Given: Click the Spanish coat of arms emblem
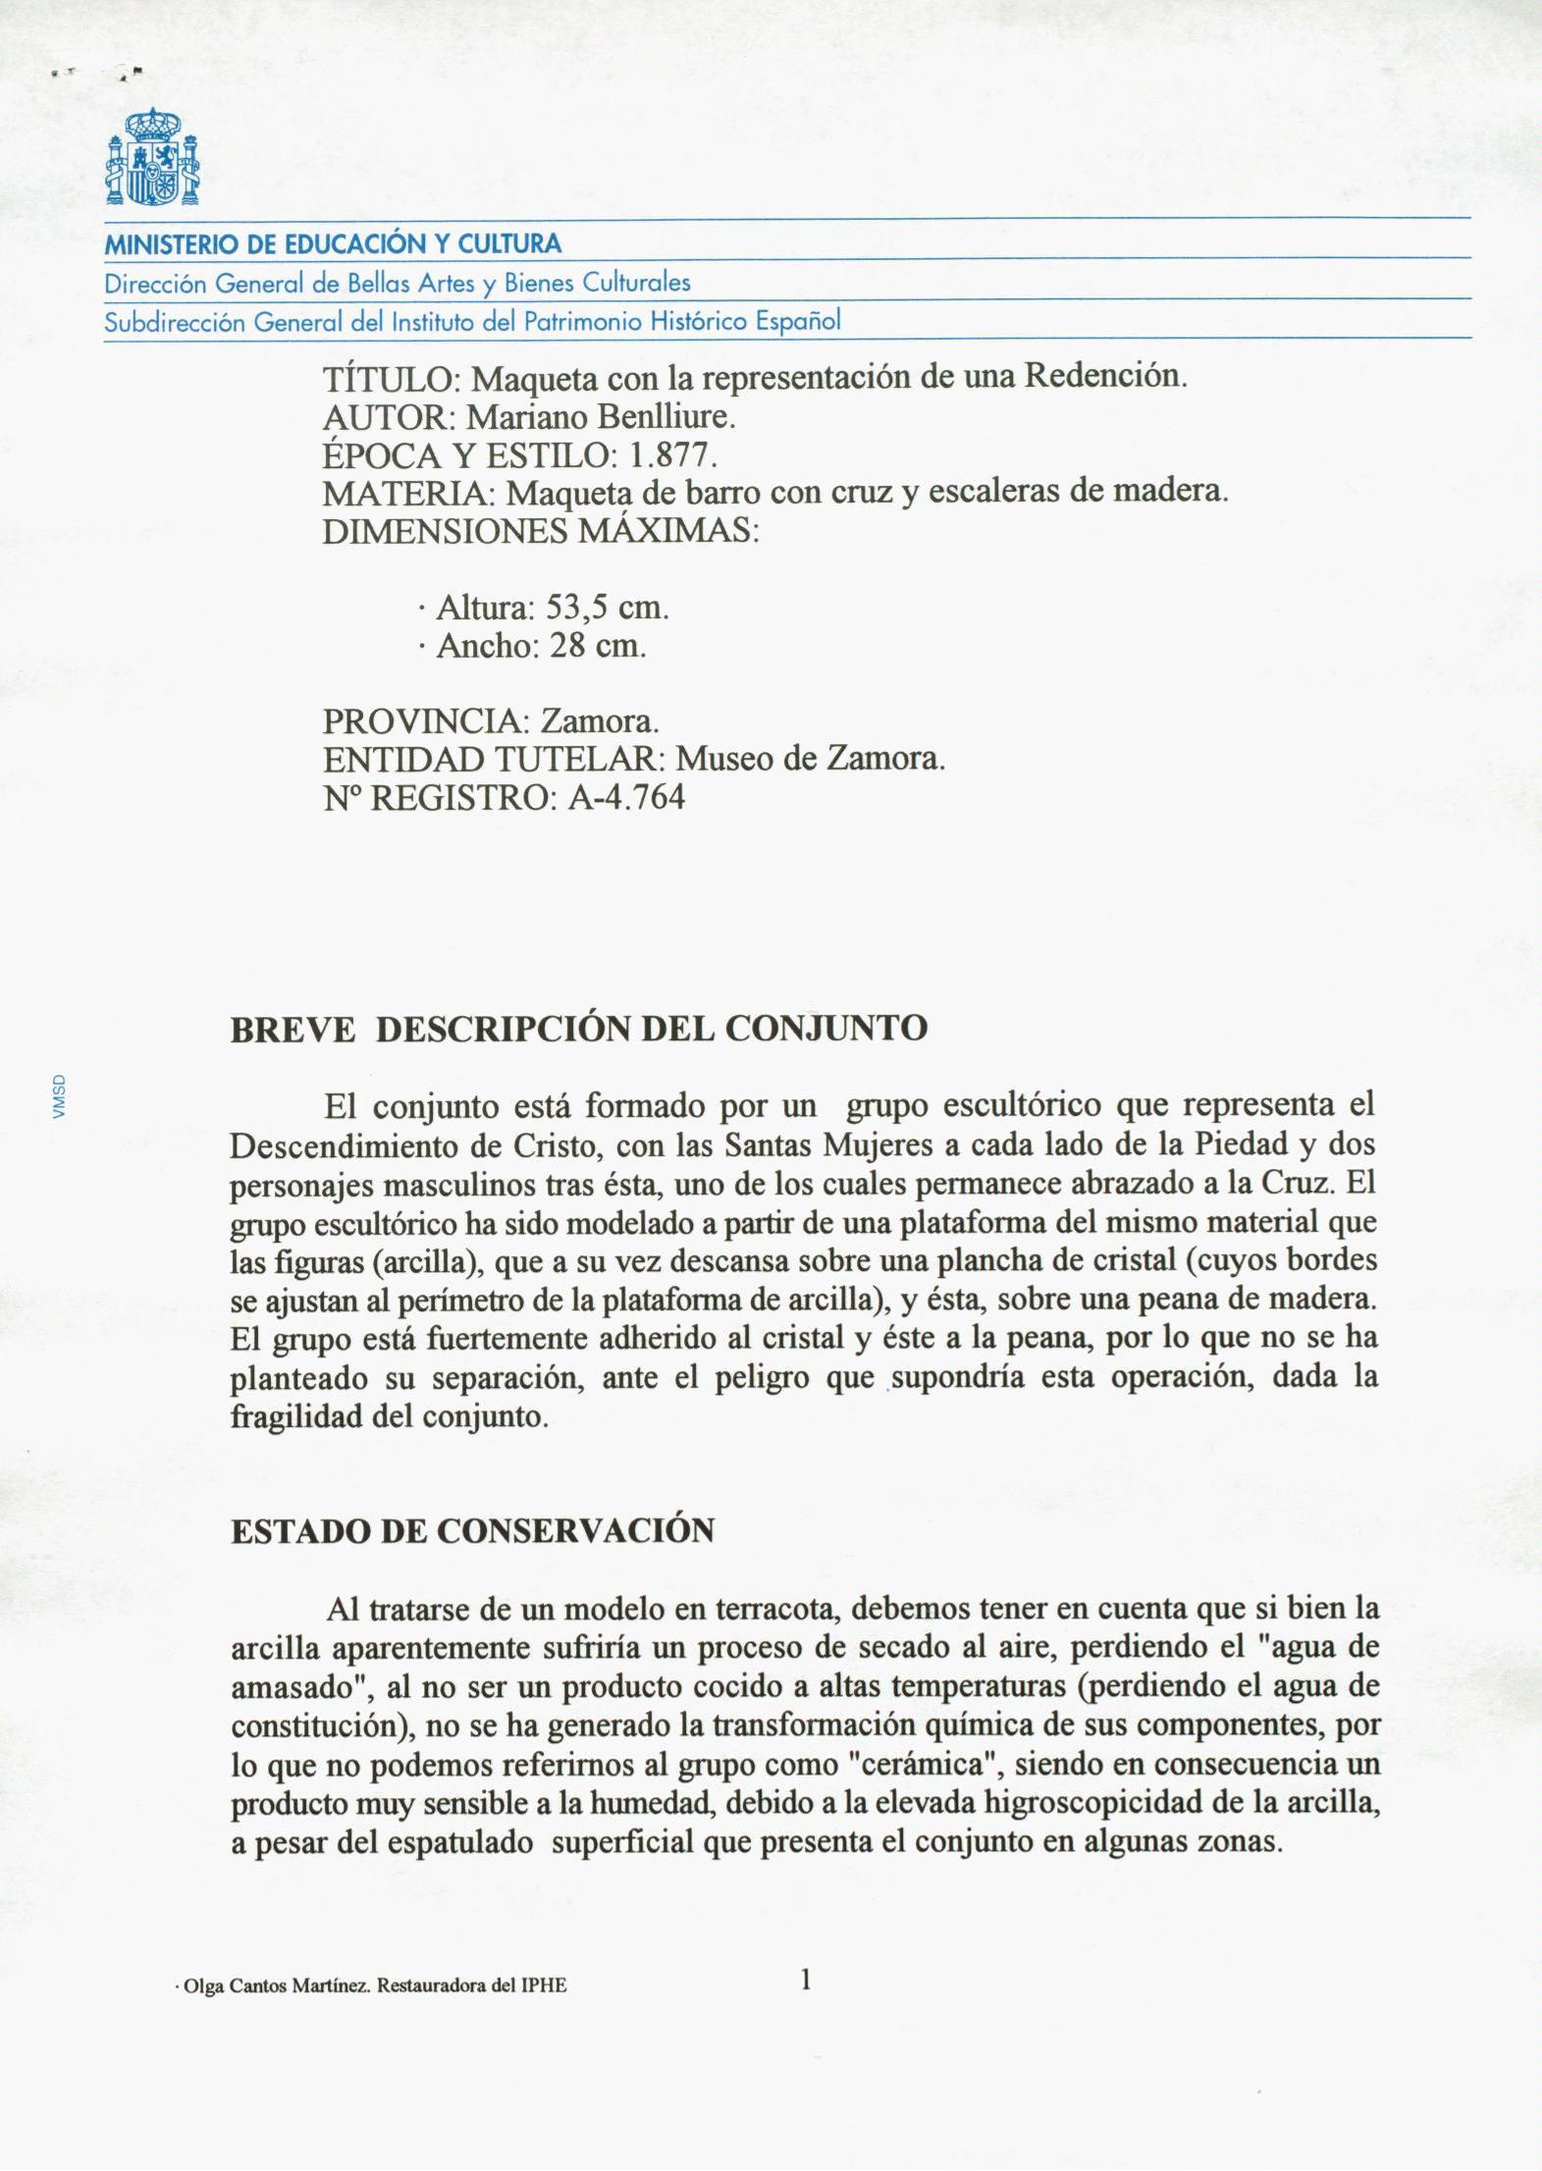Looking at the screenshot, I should (152, 157).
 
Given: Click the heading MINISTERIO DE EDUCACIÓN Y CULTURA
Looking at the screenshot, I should (333, 244).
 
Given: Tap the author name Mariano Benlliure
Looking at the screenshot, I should (601, 418).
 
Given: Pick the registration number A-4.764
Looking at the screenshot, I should (626, 797).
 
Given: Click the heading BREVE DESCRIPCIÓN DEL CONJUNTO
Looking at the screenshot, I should (578, 1029).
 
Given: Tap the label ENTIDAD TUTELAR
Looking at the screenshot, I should (488, 760).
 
